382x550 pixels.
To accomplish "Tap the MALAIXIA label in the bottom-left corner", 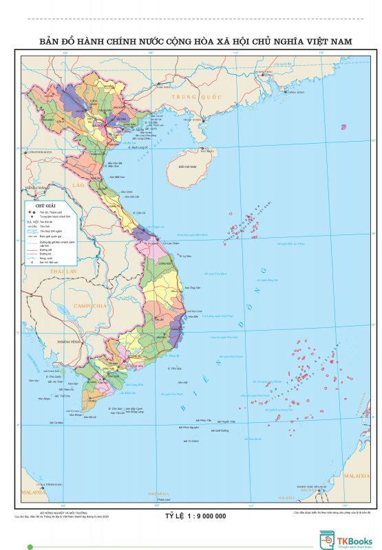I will pos(33,493).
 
